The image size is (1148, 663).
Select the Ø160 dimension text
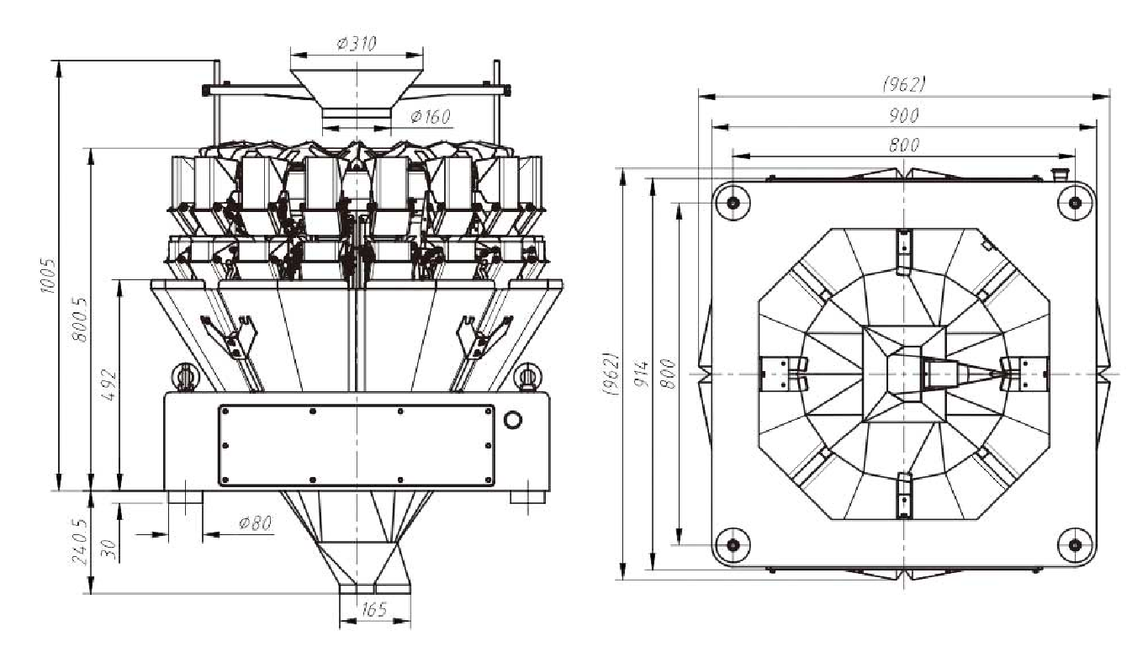(x=430, y=116)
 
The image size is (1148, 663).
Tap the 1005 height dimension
(x=49, y=274)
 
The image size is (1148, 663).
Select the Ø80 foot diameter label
(x=255, y=523)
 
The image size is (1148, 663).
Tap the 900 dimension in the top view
(x=903, y=115)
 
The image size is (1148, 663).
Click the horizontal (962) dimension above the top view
(x=903, y=84)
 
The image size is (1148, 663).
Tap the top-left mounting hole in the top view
(x=733, y=202)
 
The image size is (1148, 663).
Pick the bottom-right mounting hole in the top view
(x=1075, y=544)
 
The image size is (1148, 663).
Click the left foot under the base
(x=185, y=496)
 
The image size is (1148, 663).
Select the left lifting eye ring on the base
(x=183, y=375)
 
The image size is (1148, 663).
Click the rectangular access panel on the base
(x=356, y=446)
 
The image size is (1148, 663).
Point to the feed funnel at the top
(x=357, y=91)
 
